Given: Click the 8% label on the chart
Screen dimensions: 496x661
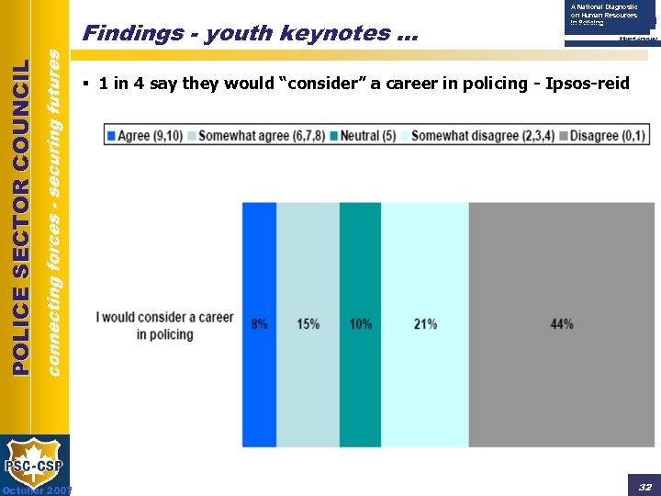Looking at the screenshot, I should tap(259, 324).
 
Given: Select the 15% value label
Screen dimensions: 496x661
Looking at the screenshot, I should tap(308, 324).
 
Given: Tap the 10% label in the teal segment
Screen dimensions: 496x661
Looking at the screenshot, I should tap(361, 324).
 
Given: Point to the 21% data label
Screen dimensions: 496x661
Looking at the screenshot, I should tap(425, 324).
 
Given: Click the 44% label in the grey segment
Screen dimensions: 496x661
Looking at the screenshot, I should tap(562, 324).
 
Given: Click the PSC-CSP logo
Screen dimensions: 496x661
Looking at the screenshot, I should tap(35, 464).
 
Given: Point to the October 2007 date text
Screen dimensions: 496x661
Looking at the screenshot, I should tap(36, 490).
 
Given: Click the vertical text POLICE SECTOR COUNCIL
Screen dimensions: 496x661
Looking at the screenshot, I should tap(22, 217).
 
